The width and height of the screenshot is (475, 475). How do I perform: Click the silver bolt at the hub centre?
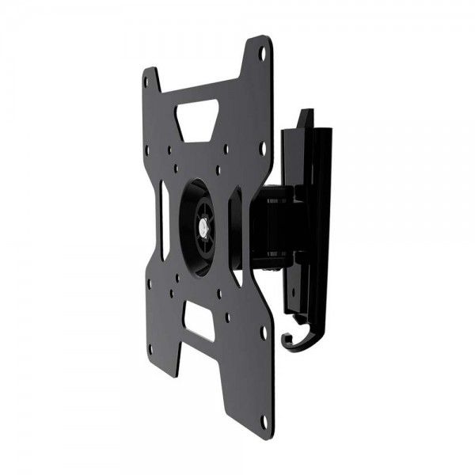[x=205, y=225]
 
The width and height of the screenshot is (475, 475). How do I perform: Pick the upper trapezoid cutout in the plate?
[x=198, y=117]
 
